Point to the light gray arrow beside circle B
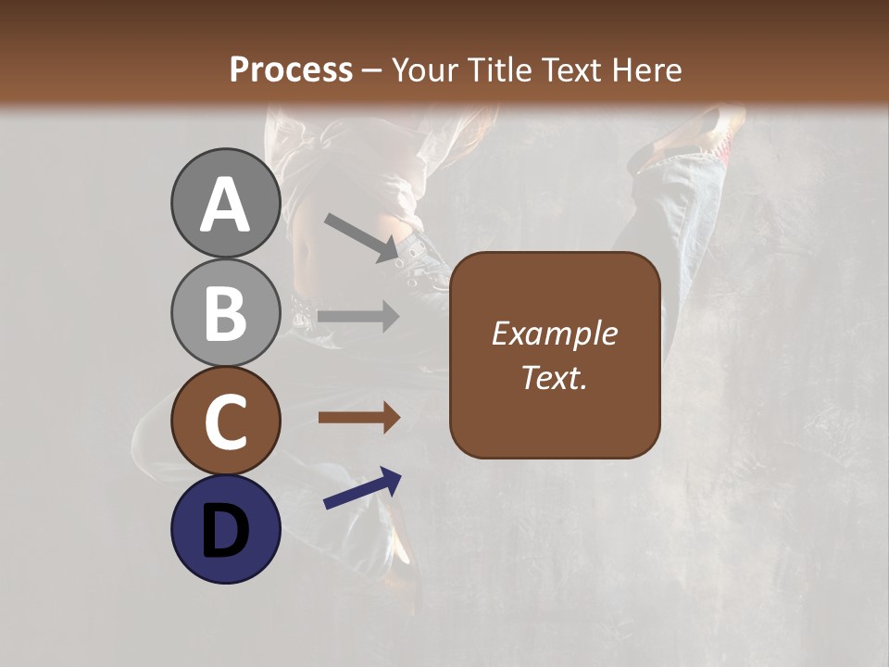coord(358,317)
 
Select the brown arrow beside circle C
coord(358,418)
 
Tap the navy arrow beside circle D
coord(362,489)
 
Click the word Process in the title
coord(291,69)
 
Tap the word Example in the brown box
coord(554,334)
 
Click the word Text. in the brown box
coord(554,378)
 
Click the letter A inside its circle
coord(225,206)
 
